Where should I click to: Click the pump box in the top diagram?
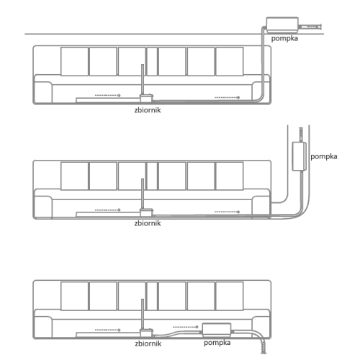click(282, 24)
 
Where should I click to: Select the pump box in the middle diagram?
click(299, 156)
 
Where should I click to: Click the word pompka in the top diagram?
click(284, 38)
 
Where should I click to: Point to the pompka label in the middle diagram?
click(324, 156)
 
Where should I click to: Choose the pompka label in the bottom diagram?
click(217, 343)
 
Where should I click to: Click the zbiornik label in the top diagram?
click(148, 110)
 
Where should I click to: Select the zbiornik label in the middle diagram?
click(148, 223)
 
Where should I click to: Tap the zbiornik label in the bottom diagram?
click(148, 343)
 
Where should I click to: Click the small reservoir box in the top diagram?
click(146, 98)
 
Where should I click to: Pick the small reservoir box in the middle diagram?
click(146, 212)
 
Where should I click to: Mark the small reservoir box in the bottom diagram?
click(146, 333)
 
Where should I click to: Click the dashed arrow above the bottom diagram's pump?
click(186, 327)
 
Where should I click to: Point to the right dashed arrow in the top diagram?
click(227, 97)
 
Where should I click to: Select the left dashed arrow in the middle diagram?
click(108, 210)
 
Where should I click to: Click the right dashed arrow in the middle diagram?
click(227, 212)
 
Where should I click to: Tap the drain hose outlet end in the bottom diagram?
click(264, 352)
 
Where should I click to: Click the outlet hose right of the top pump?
click(310, 27)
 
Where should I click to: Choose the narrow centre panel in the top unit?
click(152, 61)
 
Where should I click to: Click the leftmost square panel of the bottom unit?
click(74, 296)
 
